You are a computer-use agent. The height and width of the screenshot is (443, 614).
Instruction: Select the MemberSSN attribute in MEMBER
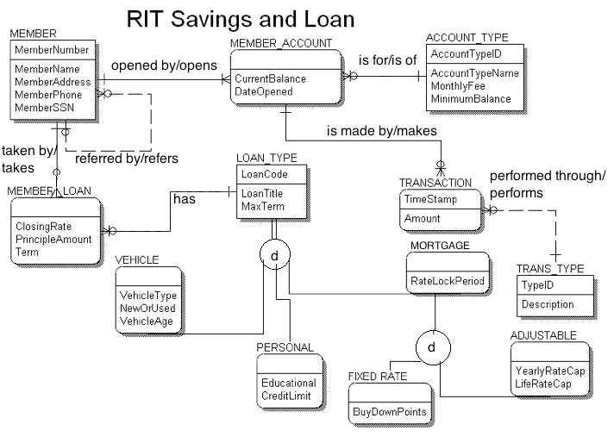(42, 107)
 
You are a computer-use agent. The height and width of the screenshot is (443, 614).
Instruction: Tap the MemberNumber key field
(48, 50)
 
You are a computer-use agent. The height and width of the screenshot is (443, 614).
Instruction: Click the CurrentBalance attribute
(270, 78)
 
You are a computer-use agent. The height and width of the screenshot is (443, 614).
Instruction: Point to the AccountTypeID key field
(466, 53)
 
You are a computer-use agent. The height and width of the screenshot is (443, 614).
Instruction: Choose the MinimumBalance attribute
(471, 99)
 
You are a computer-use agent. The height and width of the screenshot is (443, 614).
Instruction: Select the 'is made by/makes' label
(382, 131)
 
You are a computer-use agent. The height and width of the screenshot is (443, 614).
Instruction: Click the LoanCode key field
(265, 173)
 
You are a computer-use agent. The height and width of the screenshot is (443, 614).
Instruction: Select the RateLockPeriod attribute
(448, 280)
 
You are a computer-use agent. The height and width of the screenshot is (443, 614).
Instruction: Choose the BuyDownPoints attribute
(389, 412)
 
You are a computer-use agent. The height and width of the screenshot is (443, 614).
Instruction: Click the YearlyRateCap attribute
(549, 371)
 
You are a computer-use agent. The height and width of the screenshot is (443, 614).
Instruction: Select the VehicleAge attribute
(147, 321)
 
